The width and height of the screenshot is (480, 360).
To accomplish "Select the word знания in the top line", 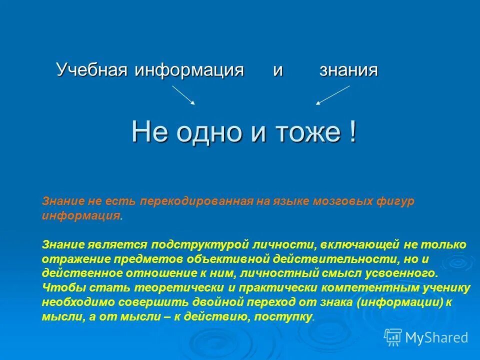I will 348,70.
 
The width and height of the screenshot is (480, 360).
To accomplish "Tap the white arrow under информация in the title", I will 183,95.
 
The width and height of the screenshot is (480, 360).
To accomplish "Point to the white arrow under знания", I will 332,95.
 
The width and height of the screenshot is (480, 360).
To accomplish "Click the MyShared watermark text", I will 436,337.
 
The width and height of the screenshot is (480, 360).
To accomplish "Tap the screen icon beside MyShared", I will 393,337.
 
